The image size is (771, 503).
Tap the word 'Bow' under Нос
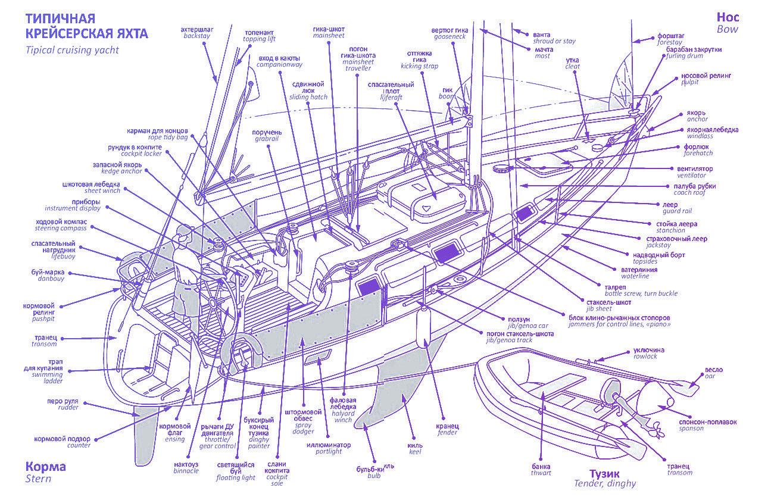click(x=727, y=29)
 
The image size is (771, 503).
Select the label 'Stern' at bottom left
click(x=39, y=479)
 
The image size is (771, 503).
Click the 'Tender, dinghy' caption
click(x=605, y=483)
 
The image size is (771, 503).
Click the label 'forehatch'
click(x=698, y=153)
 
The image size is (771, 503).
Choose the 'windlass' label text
click(x=700, y=136)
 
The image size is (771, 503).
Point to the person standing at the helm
click(x=185, y=280)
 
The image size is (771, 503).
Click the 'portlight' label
click(x=329, y=452)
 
